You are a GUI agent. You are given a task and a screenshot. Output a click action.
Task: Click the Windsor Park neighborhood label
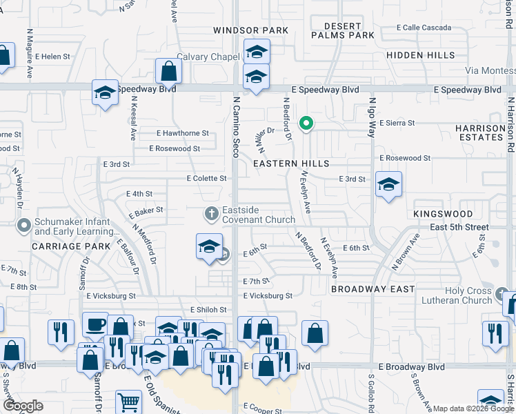click(250, 30)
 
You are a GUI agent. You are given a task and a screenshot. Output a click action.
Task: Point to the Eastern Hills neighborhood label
click(290, 164)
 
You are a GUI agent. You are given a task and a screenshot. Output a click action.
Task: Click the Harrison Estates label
click(480, 132)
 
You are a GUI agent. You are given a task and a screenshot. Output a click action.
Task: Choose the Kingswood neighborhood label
click(443, 215)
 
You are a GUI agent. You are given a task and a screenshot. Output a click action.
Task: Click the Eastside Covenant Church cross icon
click(212, 213)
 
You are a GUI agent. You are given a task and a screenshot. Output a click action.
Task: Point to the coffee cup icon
click(95, 324)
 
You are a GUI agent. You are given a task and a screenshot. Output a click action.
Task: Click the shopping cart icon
click(128, 403)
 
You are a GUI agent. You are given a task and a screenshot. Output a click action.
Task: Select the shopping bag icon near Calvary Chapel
click(168, 70)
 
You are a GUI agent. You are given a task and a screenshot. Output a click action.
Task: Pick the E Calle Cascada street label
click(424, 28)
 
